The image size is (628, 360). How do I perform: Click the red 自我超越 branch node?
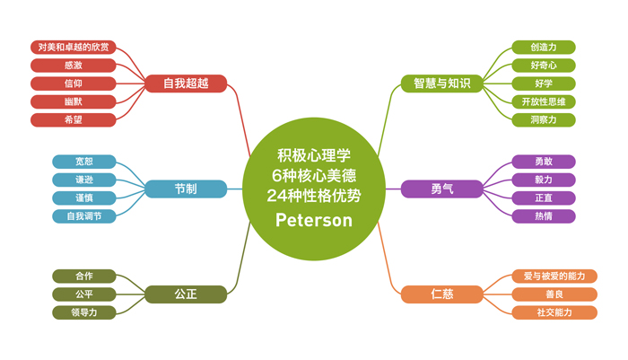186,83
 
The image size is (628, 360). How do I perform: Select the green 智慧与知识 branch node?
441,83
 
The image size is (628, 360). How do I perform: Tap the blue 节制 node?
186,189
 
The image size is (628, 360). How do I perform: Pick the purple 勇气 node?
441,189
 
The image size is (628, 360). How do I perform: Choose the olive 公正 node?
186,294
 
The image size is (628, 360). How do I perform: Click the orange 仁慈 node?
441,294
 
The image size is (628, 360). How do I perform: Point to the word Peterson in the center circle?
314,220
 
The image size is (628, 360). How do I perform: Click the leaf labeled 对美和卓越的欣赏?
74,48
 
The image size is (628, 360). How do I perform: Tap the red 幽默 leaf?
74,101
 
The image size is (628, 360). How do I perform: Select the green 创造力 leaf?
544,48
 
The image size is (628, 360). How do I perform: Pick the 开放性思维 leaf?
544,101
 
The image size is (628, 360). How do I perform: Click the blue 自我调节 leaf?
84,216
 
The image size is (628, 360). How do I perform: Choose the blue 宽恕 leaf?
84,162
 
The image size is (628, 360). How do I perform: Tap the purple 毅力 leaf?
544,180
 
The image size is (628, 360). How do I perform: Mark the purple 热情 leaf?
544,216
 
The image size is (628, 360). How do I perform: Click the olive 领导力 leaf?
84,312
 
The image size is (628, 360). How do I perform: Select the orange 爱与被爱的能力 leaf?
554,277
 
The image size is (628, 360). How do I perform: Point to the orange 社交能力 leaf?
554,312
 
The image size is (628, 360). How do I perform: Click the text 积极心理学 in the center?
314,155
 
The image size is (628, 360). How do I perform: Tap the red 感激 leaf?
74,66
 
